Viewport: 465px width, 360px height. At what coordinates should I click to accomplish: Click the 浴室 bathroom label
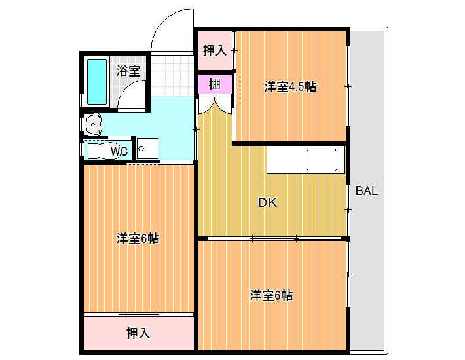(128, 71)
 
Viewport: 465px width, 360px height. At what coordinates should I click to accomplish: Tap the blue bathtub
(97, 81)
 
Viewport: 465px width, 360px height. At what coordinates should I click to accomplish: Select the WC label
(119, 151)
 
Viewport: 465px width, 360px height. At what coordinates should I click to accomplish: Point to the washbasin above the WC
(94, 124)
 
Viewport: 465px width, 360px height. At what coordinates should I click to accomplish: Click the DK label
(268, 203)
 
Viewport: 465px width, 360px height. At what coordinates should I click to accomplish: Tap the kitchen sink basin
(322, 160)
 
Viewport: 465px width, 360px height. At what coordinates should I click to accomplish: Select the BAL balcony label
(367, 191)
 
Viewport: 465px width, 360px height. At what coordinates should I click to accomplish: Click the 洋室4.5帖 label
(290, 87)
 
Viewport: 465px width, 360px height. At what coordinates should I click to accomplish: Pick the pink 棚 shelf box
(215, 84)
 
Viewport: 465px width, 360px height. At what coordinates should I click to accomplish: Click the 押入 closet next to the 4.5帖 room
(215, 50)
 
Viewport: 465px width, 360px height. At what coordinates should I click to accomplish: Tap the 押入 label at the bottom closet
(138, 333)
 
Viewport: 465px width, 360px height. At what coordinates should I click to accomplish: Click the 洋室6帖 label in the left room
(138, 238)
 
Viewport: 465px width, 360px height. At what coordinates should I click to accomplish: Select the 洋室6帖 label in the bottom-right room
(271, 295)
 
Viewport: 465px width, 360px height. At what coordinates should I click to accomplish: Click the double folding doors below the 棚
(215, 105)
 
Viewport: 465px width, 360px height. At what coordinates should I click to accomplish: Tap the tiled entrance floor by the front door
(172, 75)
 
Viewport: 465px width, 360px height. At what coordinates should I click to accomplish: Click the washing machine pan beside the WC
(147, 148)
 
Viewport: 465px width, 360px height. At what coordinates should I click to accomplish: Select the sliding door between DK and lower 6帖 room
(274, 238)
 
